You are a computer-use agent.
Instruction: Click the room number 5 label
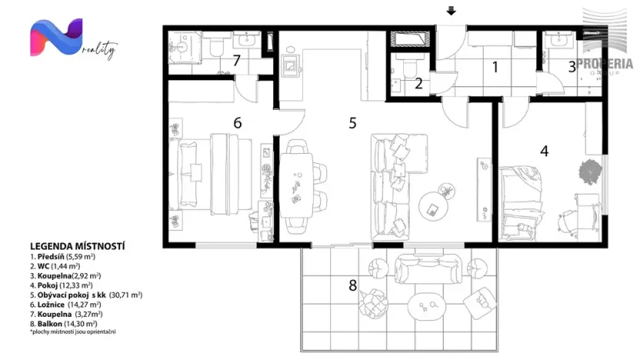coord(352,122)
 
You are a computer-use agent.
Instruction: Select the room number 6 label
coord(238,122)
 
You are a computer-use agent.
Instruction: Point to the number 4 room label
coord(544,151)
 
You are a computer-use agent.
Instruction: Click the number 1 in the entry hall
coord(495,67)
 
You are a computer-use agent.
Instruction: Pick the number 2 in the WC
coord(418,84)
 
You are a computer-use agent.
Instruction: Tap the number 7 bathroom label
coord(237,60)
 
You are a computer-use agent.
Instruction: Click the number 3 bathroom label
coord(572,67)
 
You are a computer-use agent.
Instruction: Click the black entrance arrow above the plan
coord(452,11)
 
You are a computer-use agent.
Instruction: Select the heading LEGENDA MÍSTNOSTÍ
coord(77,246)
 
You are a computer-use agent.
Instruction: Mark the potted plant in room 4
coord(588,170)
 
